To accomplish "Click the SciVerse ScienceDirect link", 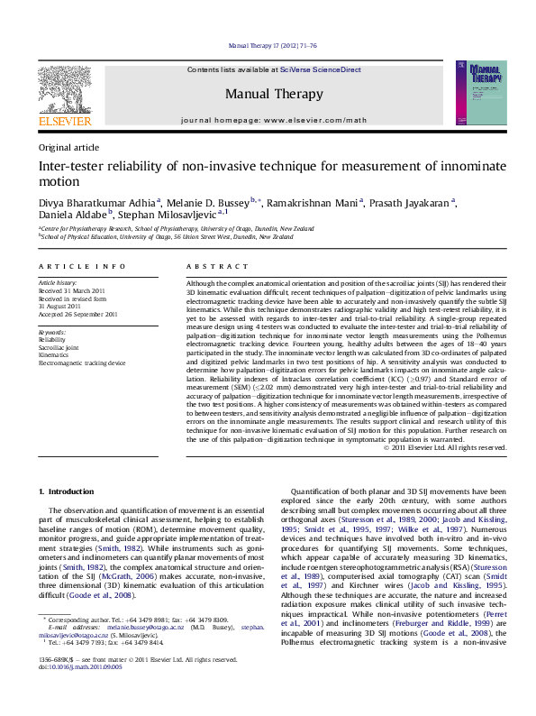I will coord(320,69).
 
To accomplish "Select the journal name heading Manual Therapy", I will coord(273,93).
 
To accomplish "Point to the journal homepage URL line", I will coord(274,120).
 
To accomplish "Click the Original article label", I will coord(68,146).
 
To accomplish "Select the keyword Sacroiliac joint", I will coord(59,347).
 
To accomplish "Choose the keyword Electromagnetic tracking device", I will coord(82,363).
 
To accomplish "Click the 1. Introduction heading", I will coord(69,491).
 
